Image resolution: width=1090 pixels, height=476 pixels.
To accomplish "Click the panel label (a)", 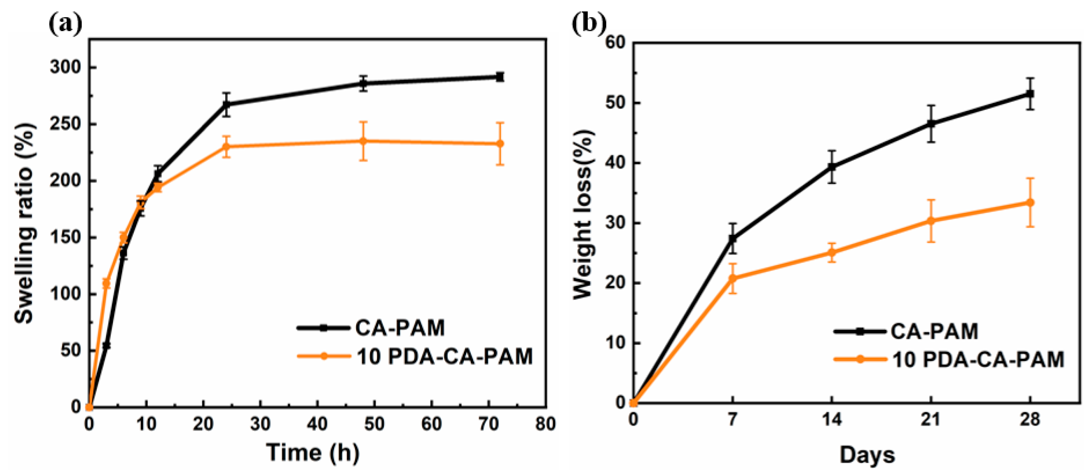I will pyautogui.click(x=66, y=24).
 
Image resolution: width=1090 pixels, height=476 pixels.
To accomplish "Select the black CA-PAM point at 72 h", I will pyautogui.click(x=500, y=77).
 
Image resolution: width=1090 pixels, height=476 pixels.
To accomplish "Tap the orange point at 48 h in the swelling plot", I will pyautogui.click(x=363, y=141).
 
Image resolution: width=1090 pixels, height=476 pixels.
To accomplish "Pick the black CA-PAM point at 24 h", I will pyautogui.click(x=226, y=104).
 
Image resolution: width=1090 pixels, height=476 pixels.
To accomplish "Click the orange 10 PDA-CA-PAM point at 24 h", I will pyautogui.click(x=226, y=146).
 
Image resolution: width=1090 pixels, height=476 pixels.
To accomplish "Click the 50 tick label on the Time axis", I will pyautogui.click(x=374, y=424).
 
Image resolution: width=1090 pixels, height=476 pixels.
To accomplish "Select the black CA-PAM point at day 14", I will pyautogui.click(x=832, y=167).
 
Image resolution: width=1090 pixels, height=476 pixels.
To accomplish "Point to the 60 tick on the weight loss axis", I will pyautogui.click(x=616, y=43).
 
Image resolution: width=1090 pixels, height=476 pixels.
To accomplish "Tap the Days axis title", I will pyautogui.click(x=867, y=455).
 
